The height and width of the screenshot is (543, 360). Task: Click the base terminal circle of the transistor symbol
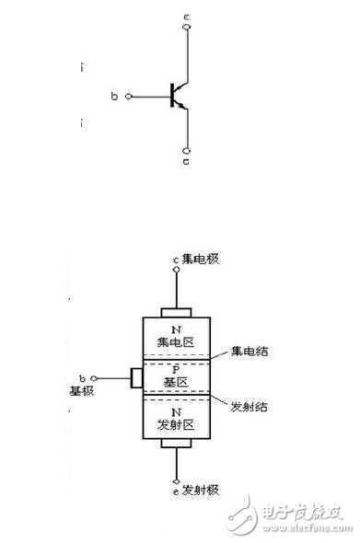[x=128, y=96]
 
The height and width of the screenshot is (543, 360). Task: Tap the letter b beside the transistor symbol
[x=114, y=96]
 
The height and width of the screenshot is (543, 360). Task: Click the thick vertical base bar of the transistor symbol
[x=173, y=96]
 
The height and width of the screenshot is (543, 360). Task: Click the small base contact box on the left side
[x=136, y=377]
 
